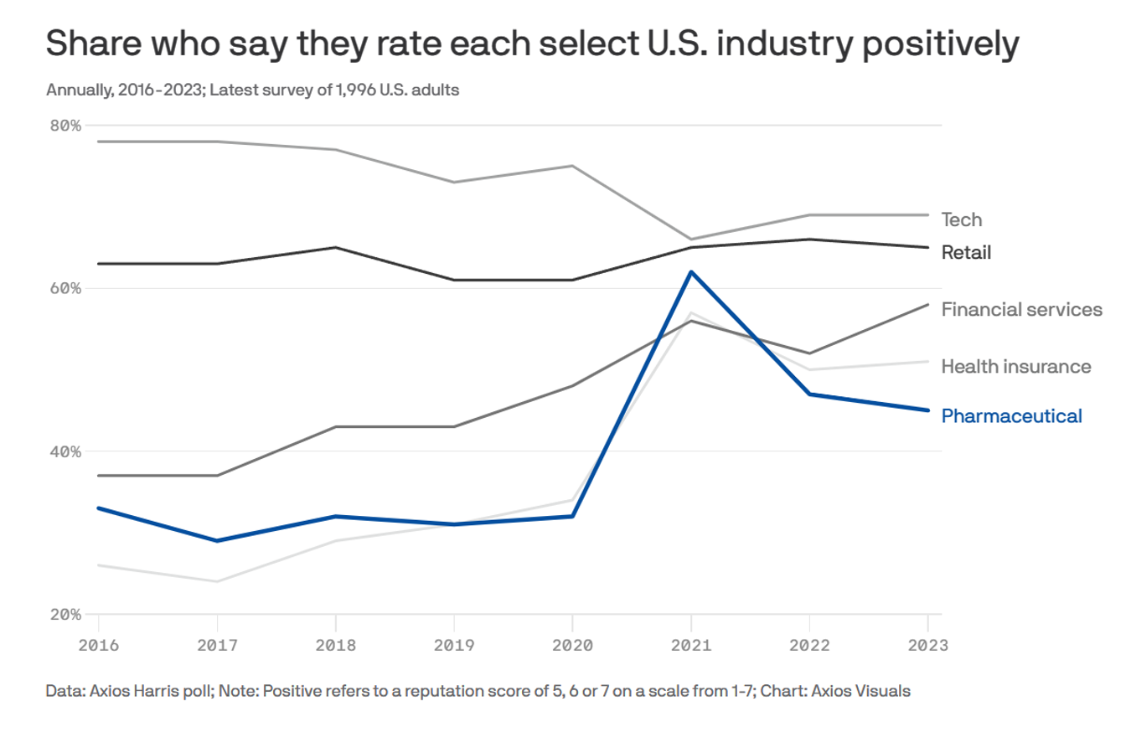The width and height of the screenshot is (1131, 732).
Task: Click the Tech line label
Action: tap(961, 219)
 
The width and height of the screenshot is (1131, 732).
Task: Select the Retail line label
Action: tap(966, 252)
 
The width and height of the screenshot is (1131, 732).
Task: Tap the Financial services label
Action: tap(1021, 310)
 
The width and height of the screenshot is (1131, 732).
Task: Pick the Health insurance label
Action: tap(1016, 367)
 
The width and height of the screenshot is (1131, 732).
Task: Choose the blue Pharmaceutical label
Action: tap(1011, 415)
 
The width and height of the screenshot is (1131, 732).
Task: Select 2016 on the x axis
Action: tap(99, 645)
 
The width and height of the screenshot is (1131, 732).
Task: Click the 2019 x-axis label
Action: tap(453, 645)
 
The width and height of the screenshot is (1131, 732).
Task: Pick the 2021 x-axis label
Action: tap(690, 645)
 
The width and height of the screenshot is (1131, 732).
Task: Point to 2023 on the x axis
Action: tap(927, 645)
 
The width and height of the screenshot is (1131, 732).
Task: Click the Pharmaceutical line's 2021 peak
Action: tap(691, 271)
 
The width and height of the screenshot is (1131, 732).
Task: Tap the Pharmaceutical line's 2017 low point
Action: tap(217, 541)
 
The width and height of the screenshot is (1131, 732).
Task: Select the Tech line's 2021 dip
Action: tap(691, 240)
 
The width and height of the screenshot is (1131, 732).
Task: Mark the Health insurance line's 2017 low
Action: tap(217, 581)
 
